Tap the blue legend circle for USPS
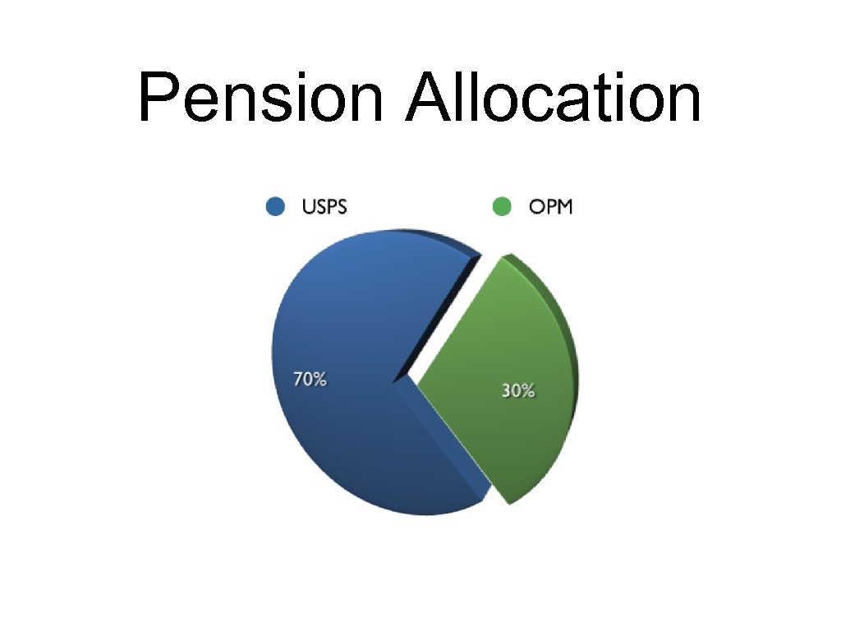[x=276, y=206]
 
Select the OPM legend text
[x=550, y=206]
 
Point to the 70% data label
[x=310, y=380]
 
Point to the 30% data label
[x=518, y=392]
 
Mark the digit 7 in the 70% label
[x=299, y=380]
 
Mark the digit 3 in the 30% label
[x=507, y=392]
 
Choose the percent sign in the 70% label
[x=320, y=380]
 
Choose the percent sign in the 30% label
[x=528, y=392]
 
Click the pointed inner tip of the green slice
[x=420, y=383]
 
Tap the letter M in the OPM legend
[x=564, y=206]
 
